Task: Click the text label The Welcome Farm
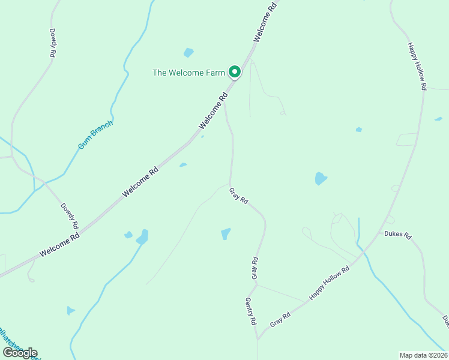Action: [189, 73]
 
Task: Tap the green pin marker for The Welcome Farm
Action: [235, 72]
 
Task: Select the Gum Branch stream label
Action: [95, 134]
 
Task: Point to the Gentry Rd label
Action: [251, 311]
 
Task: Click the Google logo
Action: [20, 352]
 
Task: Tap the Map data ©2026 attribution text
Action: [424, 355]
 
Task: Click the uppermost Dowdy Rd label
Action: [53, 43]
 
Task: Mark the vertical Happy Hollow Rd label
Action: [417, 66]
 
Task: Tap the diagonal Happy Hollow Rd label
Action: [329, 283]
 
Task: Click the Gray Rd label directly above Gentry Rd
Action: [255, 268]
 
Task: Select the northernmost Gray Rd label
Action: [239, 196]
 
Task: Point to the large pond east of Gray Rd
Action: [321, 178]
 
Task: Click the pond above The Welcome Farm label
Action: [189, 52]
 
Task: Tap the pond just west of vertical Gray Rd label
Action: [226, 233]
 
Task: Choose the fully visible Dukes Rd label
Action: [397, 235]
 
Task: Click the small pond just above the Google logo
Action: [70, 310]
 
